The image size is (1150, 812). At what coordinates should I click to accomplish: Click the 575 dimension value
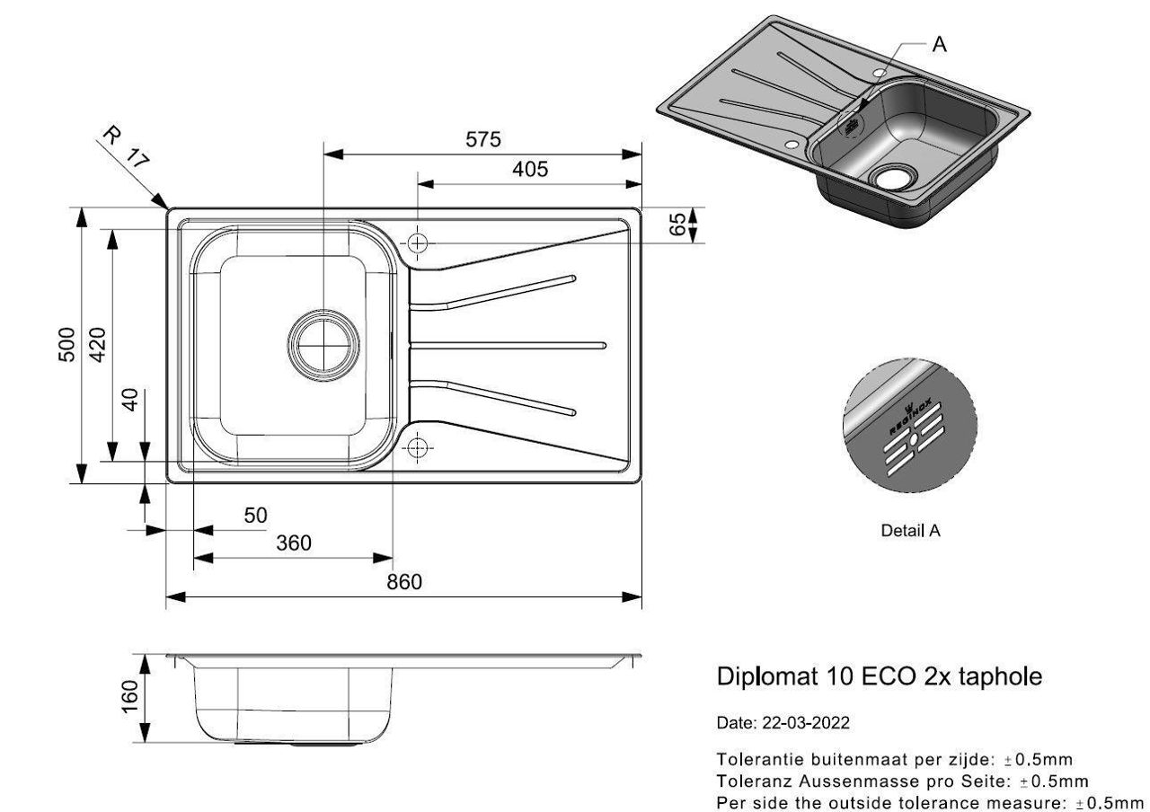(482, 139)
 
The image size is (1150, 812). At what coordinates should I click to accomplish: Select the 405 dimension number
(530, 169)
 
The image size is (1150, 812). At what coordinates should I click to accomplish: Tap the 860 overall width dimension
(404, 581)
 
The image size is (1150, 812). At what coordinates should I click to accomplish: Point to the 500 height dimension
(67, 344)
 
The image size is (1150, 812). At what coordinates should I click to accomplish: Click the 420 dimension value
(98, 344)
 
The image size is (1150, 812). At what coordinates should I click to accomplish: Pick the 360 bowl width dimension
(294, 543)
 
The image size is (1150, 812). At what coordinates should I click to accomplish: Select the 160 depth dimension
(130, 696)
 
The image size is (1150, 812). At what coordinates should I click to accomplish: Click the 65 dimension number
(678, 225)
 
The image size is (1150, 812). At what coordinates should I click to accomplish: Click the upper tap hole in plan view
(418, 243)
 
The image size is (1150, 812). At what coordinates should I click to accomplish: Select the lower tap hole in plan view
(418, 447)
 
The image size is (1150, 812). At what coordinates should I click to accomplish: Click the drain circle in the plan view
(323, 345)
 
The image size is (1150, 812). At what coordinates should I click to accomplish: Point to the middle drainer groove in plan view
(508, 346)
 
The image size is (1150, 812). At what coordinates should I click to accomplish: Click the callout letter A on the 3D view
(939, 45)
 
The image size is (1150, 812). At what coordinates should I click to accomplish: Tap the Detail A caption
(910, 530)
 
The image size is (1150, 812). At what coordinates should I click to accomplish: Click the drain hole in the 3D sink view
(892, 178)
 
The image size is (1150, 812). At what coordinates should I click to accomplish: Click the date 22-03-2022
(806, 723)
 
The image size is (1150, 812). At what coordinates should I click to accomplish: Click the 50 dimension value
(255, 515)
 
